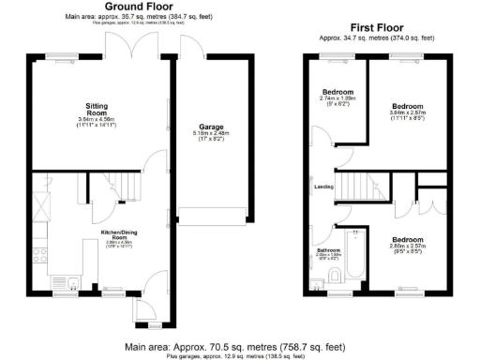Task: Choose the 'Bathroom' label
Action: (x=328, y=250)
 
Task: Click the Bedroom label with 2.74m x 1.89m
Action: (x=337, y=92)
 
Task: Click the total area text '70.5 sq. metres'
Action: (x=221, y=346)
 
